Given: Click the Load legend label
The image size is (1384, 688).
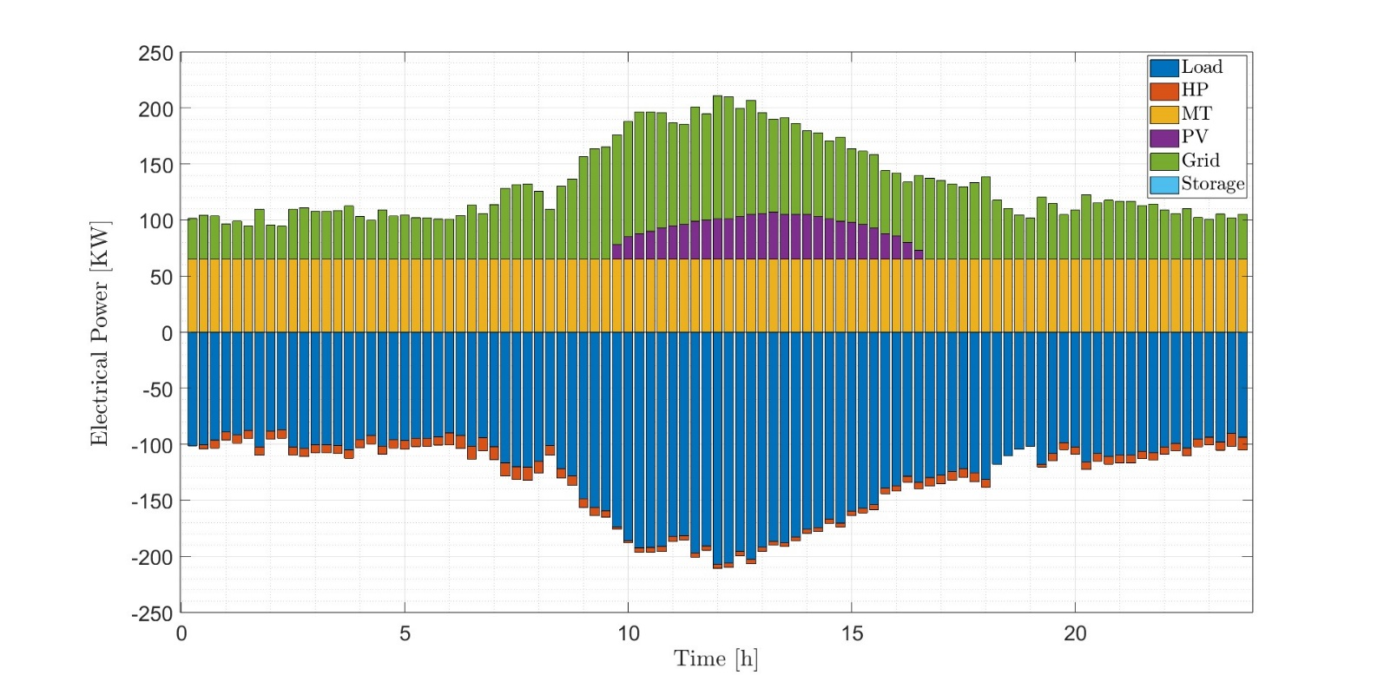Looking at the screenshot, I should [x=1202, y=67].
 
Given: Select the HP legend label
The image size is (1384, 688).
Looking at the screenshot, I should [x=1195, y=90].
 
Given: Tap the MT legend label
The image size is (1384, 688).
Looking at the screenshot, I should [x=1196, y=114].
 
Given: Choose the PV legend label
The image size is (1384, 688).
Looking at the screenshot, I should [x=1195, y=137].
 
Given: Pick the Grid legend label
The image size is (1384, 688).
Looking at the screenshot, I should [x=1201, y=161].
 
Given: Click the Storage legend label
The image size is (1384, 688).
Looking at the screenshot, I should [x=1213, y=184].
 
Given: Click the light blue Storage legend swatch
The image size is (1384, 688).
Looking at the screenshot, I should [x=1163, y=184].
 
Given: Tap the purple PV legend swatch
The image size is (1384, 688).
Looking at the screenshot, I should [x=1163, y=137].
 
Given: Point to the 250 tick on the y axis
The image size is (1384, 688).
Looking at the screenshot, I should [x=155, y=54].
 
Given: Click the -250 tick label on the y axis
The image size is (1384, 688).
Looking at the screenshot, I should [x=152, y=613].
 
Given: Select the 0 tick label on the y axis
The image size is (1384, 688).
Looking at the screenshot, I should [x=167, y=333].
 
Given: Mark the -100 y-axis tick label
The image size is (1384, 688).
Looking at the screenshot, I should [x=152, y=445].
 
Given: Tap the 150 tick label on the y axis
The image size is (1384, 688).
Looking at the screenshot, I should [x=155, y=166].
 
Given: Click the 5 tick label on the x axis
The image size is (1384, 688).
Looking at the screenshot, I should [x=405, y=634].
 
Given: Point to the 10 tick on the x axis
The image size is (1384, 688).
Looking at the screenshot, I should [x=629, y=634].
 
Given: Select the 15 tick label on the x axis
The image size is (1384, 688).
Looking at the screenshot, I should [x=852, y=634].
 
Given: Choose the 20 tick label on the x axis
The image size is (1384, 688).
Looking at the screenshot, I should [x=1075, y=634].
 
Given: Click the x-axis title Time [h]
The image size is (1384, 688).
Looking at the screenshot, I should [x=715, y=659].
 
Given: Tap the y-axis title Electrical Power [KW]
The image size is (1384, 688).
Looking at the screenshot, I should [x=101, y=333].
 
